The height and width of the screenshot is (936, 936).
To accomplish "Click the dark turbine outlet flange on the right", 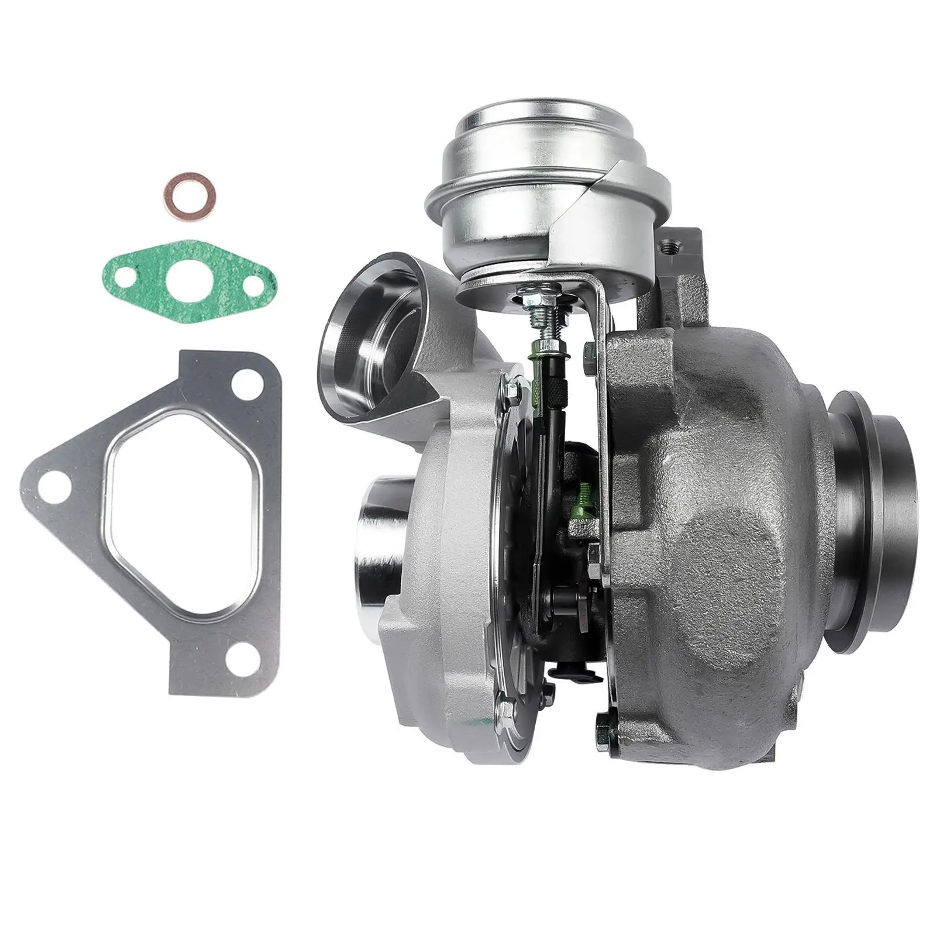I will (x=877, y=468).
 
